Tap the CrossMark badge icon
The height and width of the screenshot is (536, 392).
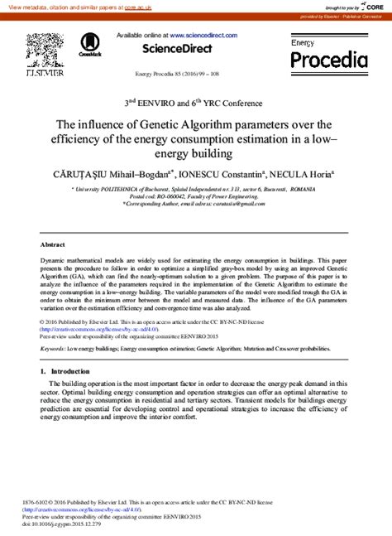click(x=90, y=46)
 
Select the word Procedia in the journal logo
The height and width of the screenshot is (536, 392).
click(x=328, y=60)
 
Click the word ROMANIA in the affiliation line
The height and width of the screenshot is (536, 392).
click(x=308, y=189)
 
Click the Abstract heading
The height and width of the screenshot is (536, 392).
click(x=53, y=245)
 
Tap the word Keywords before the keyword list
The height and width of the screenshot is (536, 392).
click(x=54, y=350)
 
